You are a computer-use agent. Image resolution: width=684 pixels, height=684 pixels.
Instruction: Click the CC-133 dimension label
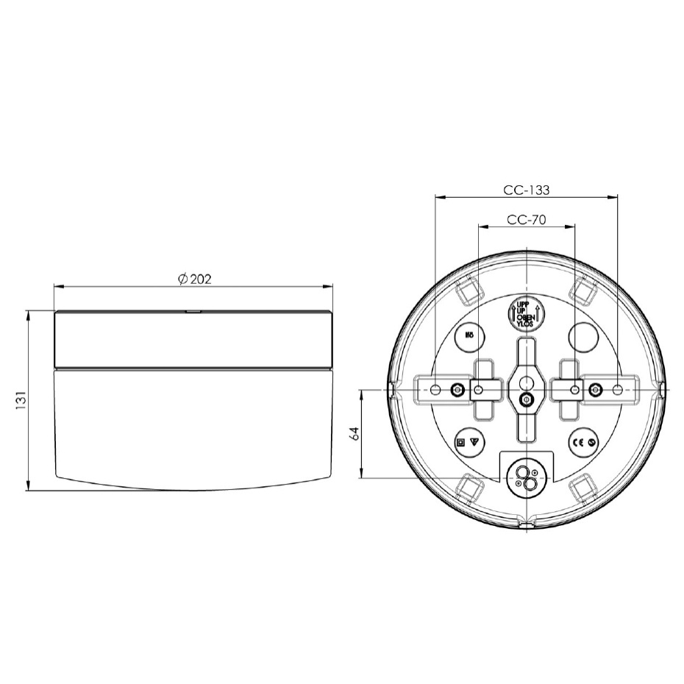pyautogui.click(x=526, y=189)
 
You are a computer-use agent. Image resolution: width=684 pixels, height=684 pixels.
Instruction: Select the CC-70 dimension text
pyautogui.click(x=526, y=219)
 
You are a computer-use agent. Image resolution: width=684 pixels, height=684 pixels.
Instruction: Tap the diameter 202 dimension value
pyautogui.click(x=195, y=279)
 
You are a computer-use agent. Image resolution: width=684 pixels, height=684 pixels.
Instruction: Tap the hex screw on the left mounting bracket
pyautogui.click(x=459, y=389)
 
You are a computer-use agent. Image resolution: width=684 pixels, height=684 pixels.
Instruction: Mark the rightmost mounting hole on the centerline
pyautogui.click(x=617, y=389)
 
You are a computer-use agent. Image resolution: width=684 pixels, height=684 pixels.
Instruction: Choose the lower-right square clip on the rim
pyautogui.click(x=582, y=486)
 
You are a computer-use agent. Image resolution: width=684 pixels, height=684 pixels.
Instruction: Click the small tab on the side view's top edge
pyautogui.click(x=193, y=311)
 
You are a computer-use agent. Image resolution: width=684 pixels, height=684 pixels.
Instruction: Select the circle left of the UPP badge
pyautogui.click(x=468, y=337)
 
